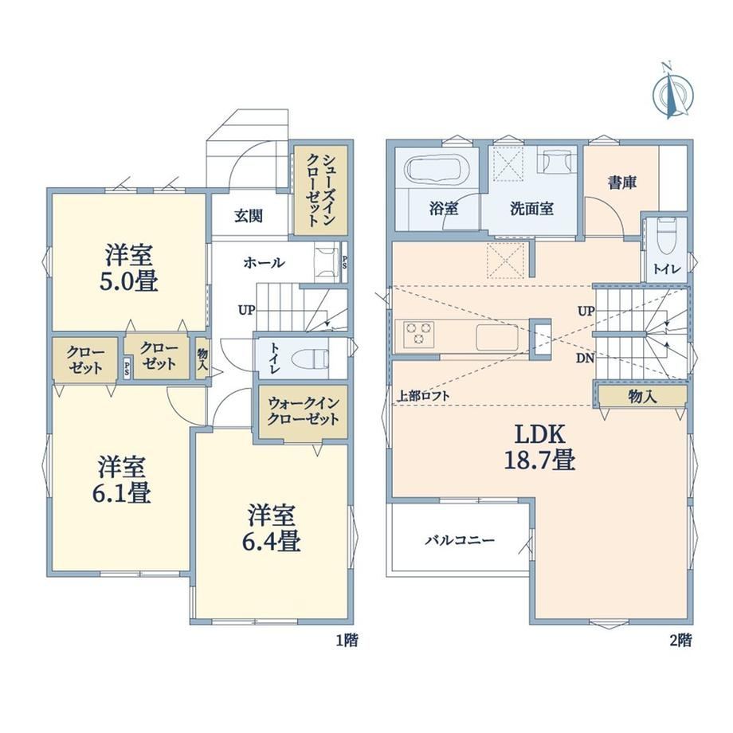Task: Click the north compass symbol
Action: (x=672, y=93)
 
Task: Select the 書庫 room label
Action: (x=621, y=182)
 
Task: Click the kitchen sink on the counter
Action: (x=497, y=337)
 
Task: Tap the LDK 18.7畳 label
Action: (x=539, y=448)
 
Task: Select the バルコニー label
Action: (x=460, y=541)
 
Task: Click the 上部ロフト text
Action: (x=423, y=396)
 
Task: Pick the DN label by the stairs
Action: (x=585, y=359)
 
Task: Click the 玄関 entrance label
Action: (x=249, y=216)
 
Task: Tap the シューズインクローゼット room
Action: (x=320, y=190)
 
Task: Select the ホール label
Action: (x=264, y=263)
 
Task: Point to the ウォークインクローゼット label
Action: (x=303, y=411)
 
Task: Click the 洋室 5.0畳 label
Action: (x=128, y=268)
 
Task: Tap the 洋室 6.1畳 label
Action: (x=122, y=479)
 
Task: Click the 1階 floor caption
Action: (x=347, y=640)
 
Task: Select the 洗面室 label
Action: (x=531, y=209)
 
